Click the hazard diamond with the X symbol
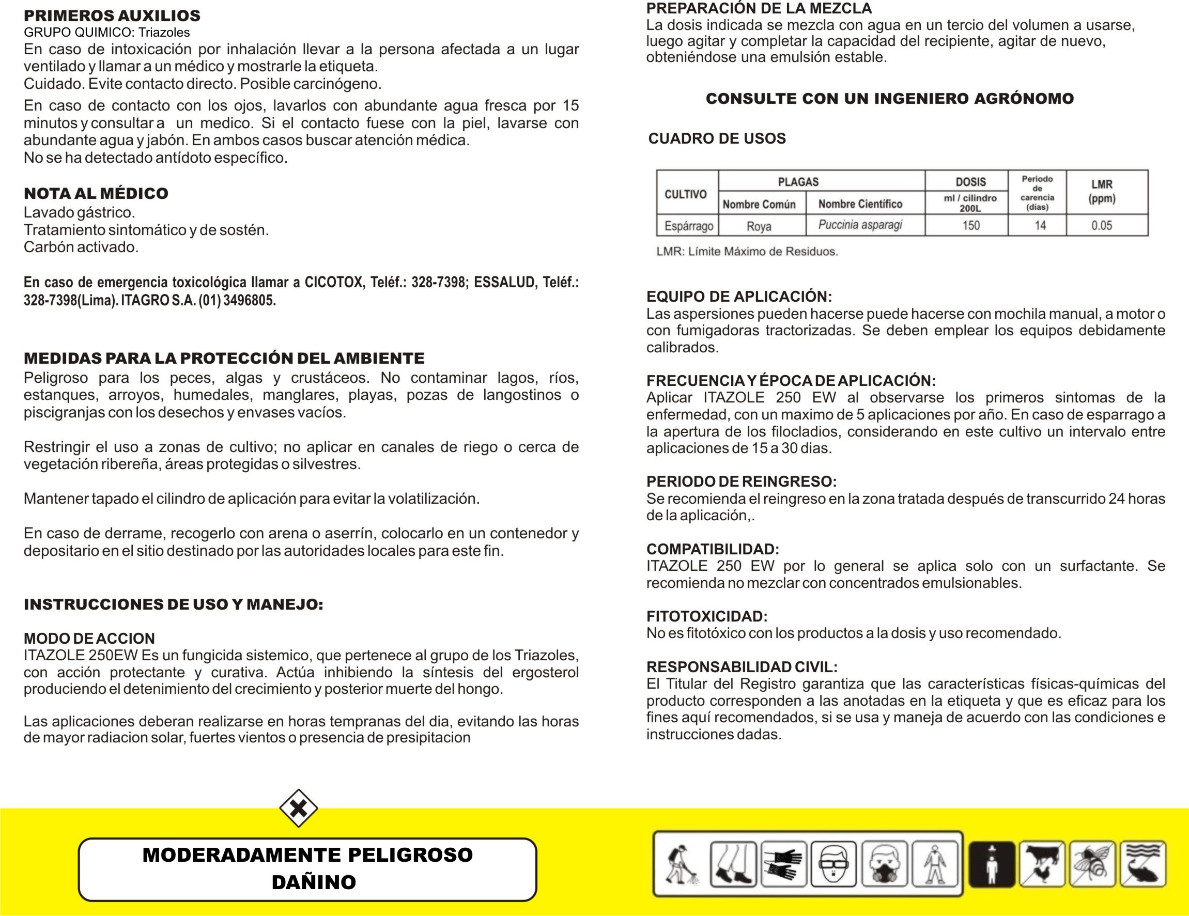(x=298, y=808)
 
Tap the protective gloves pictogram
(x=783, y=864)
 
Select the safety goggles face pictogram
(x=833, y=864)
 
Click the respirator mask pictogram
(x=884, y=864)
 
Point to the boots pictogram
(x=733, y=864)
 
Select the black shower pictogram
(x=992, y=864)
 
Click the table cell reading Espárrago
(x=688, y=225)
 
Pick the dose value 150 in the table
(x=971, y=225)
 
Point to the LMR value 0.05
(x=1101, y=225)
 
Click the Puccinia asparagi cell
(x=860, y=225)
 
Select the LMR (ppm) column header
(x=1102, y=192)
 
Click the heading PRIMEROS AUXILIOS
(x=112, y=15)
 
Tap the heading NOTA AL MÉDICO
(x=96, y=193)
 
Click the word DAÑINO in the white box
(x=314, y=882)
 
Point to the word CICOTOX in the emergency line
(x=333, y=283)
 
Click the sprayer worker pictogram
(x=681, y=864)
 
